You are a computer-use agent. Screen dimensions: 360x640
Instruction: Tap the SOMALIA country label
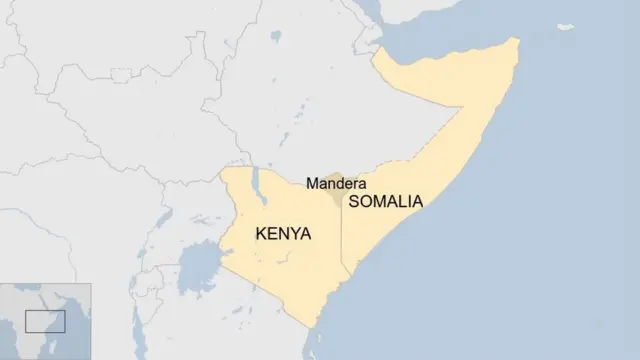[x=385, y=201]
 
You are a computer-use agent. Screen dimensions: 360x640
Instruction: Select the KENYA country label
[x=284, y=234]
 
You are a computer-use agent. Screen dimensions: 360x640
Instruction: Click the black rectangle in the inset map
[x=45, y=320]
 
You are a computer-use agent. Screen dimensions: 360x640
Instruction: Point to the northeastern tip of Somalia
[x=516, y=42]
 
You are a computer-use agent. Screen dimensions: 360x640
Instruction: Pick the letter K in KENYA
[x=262, y=234]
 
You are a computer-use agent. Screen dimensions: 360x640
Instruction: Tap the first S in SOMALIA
[x=353, y=201]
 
